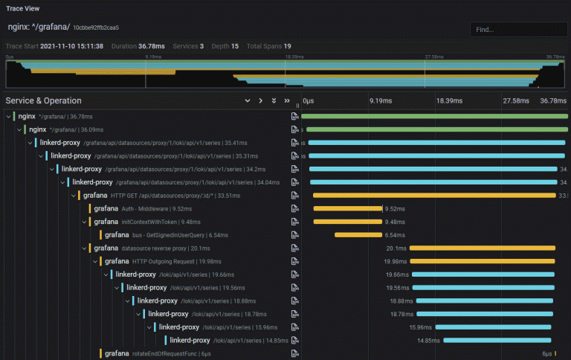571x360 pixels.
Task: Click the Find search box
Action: [x=517, y=30]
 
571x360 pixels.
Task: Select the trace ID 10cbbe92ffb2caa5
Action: [x=95, y=28]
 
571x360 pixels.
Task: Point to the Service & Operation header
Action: [x=43, y=100]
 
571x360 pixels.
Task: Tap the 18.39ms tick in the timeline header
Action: [x=449, y=100]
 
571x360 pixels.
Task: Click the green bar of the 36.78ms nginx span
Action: [x=434, y=116]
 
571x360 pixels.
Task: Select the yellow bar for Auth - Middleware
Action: [x=347, y=208]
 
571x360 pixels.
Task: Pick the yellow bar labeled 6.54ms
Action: [x=358, y=234]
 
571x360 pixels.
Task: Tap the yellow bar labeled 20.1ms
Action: [x=483, y=248]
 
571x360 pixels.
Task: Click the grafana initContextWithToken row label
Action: [x=138, y=222]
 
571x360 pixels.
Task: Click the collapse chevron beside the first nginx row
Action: [x=7, y=117]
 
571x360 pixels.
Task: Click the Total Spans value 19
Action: [x=287, y=46]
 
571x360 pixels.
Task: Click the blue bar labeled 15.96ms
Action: [x=494, y=327]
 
